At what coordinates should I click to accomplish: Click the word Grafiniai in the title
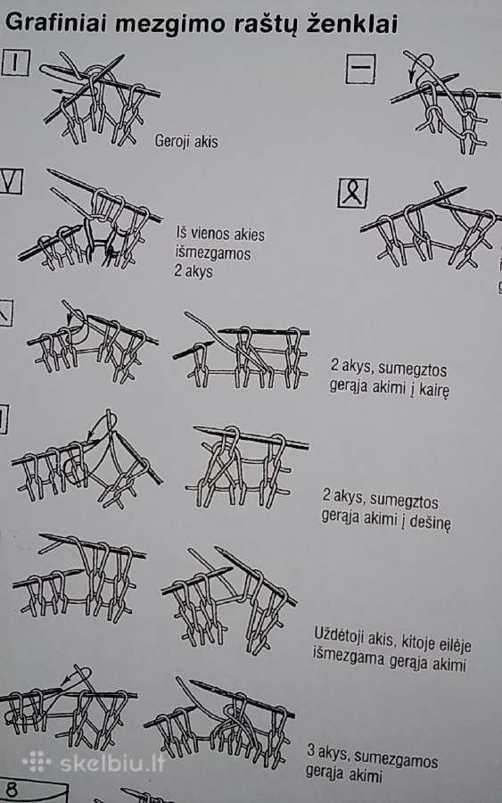[x=55, y=23]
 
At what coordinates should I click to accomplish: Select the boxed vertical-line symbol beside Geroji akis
[x=15, y=63]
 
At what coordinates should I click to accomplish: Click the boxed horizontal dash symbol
[x=361, y=68]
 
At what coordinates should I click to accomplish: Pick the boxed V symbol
[x=11, y=181]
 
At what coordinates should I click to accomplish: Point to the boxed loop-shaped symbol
[x=353, y=193]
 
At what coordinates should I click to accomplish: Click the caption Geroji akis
[x=186, y=141]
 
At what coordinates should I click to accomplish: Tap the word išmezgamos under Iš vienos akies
[x=213, y=253]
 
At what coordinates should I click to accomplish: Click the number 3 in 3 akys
[x=310, y=751]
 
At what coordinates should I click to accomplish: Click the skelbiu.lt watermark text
[x=112, y=764]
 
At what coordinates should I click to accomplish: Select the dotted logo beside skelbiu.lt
[x=37, y=762]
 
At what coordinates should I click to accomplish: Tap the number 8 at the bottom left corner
[x=12, y=791]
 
